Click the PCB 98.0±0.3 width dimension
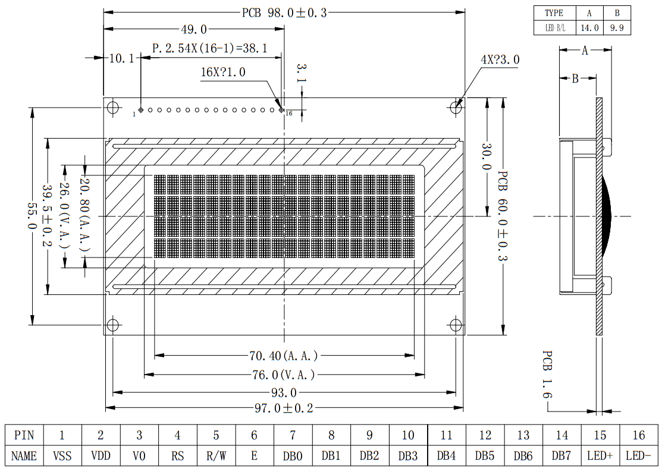(x=284, y=12)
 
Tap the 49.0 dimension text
(x=194, y=30)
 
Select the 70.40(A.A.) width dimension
(x=283, y=356)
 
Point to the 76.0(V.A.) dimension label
(x=283, y=375)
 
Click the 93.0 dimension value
(x=284, y=393)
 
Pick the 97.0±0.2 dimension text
(x=284, y=408)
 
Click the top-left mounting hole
(x=113, y=107)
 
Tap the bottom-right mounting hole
(x=456, y=325)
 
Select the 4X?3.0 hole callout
(x=500, y=59)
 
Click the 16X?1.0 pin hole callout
(x=223, y=72)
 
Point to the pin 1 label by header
(x=134, y=114)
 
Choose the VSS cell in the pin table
(x=62, y=456)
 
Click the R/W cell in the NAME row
(x=216, y=456)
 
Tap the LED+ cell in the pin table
(x=600, y=456)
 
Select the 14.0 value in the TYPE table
(x=589, y=28)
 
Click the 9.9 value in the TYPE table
(x=617, y=28)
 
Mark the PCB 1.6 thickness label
(x=547, y=374)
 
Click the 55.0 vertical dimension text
(x=33, y=216)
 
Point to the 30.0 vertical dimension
(x=487, y=156)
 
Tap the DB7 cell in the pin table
(x=561, y=456)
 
